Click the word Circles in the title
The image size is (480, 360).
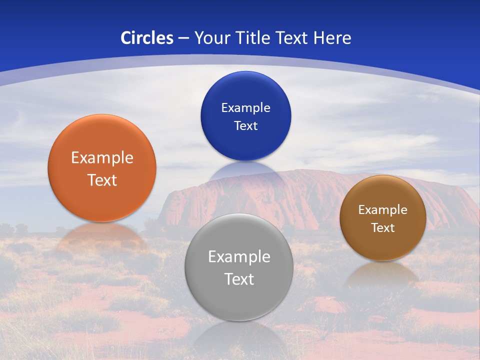pyautogui.click(x=147, y=38)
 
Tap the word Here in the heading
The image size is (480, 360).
pyautogui.click(x=332, y=38)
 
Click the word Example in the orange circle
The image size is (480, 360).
pyautogui.click(x=102, y=158)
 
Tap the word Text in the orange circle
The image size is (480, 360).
pyautogui.click(x=102, y=180)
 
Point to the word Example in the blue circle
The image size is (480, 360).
pyautogui.click(x=245, y=108)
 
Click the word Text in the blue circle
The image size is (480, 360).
pyautogui.click(x=245, y=125)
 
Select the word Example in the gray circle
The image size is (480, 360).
pyautogui.click(x=239, y=257)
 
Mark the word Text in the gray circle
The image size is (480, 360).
pyautogui.click(x=239, y=279)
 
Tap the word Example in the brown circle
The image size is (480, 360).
pyautogui.click(x=383, y=210)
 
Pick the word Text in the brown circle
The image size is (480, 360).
pyautogui.click(x=383, y=228)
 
